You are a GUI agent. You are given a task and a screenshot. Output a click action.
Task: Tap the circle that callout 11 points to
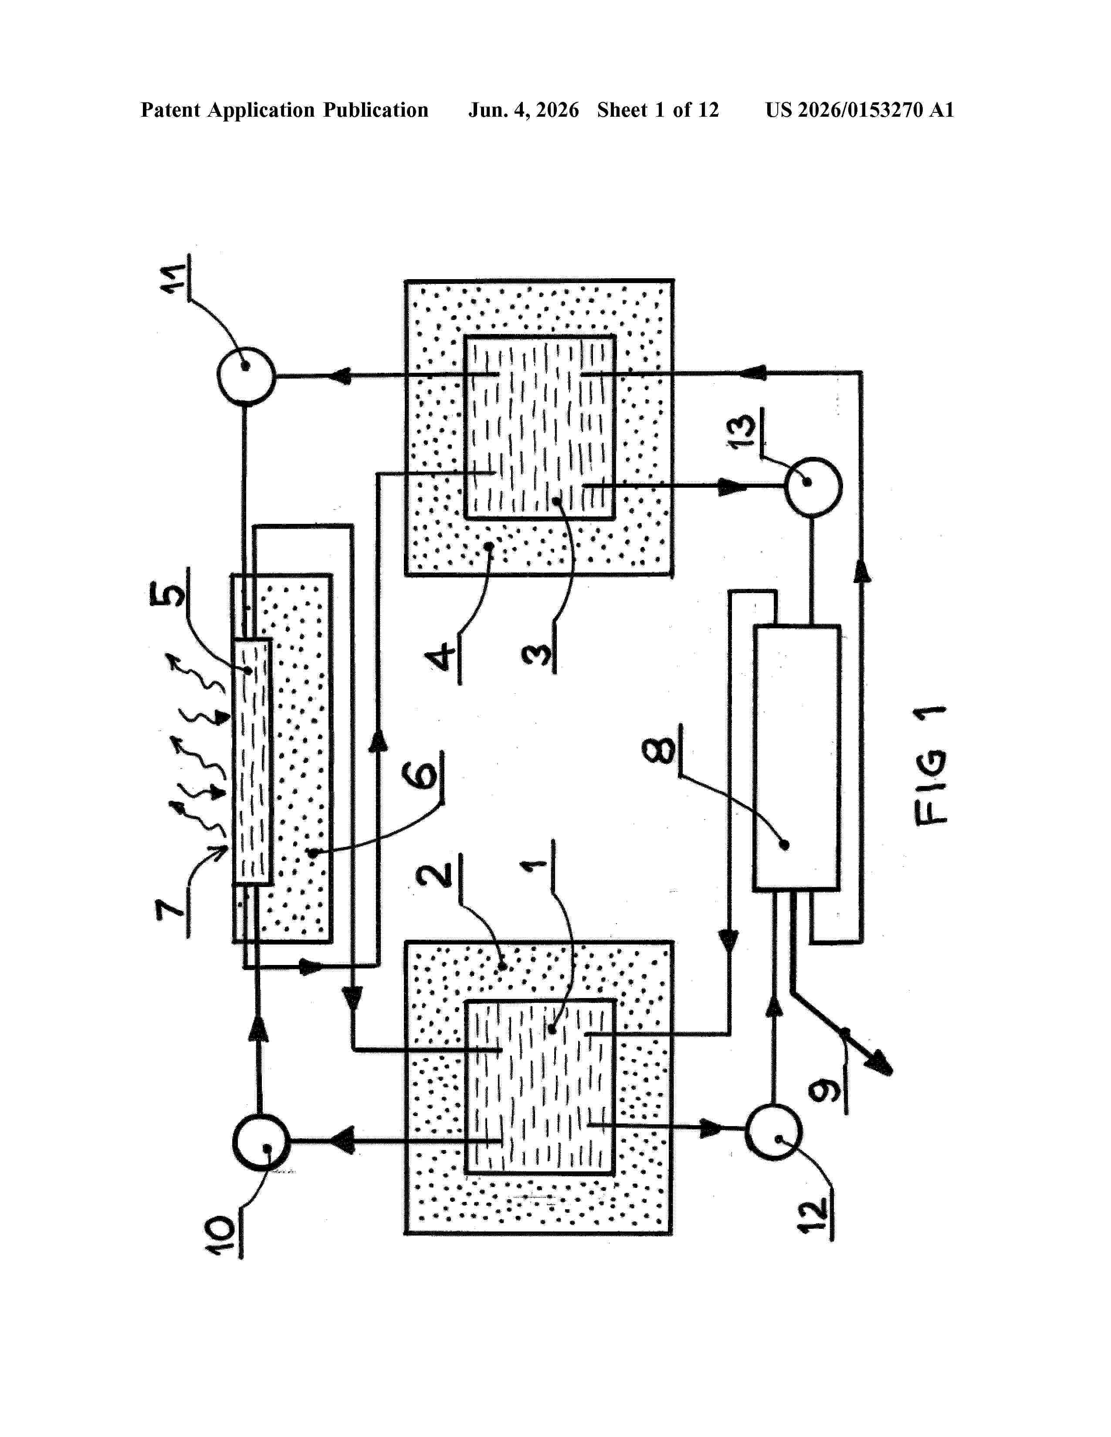245,376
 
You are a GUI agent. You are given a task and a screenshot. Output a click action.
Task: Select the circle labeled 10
261,1142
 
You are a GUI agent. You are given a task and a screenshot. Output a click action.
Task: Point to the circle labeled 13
813,486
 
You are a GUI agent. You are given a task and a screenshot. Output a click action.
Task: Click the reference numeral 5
167,591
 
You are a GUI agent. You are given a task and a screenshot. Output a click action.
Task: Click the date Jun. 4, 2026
524,110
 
